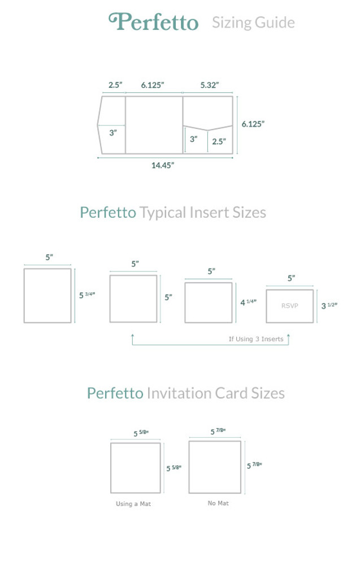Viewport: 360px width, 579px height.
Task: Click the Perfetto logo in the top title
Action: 153,22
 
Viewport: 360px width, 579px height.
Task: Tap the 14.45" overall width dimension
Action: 162,165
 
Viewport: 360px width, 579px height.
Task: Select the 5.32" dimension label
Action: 209,85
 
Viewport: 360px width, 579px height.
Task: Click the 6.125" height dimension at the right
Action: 253,124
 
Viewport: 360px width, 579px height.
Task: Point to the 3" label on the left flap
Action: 113,132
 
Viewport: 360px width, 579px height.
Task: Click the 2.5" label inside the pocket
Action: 219,141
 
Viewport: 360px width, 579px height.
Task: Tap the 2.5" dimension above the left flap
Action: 115,85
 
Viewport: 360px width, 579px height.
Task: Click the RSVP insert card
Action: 289,306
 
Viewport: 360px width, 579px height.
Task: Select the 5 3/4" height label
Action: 86,295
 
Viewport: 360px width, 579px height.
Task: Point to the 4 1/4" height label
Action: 248,303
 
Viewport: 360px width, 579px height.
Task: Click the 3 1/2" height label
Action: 329,306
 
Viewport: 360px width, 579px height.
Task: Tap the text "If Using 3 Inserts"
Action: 255,339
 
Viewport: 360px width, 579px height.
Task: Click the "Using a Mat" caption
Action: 133,504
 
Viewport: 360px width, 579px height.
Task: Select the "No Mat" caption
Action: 218,503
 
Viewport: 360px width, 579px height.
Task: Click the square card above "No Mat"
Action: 215,467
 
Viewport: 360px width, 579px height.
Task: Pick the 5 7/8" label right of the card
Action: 254,465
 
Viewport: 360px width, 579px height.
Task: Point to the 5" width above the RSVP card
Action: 291,278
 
